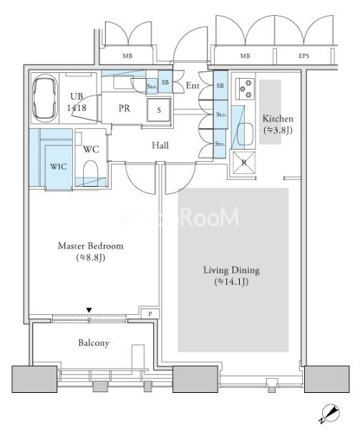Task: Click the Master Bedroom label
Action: click(x=91, y=245)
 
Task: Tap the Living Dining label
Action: click(x=231, y=270)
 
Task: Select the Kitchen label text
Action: click(x=278, y=119)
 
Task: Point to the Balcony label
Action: click(x=94, y=343)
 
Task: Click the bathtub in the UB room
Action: click(x=45, y=98)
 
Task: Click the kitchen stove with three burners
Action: click(x=245, y=89)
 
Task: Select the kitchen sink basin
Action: click(x=245, y=134)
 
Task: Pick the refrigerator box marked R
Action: click(x=244, y=162)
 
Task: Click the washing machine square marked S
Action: click(x=159, y=110)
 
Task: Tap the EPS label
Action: click(x=303, y=56)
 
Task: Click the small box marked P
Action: click(x=150, y=313)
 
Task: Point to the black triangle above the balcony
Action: click(x=89, y=310)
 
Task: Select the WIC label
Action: click(x=58, y=167)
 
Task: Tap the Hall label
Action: click(x=160, y=145)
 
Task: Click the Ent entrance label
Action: click(x=193, y=86)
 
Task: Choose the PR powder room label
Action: click(x=125, y=108)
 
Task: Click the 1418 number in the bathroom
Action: click(x=77, y=107)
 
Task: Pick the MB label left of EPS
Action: click(x=245, y=56)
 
